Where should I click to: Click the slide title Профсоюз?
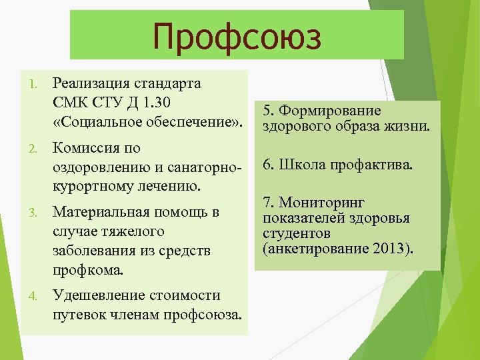pos(237,36)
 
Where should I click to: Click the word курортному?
pos(87,186)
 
